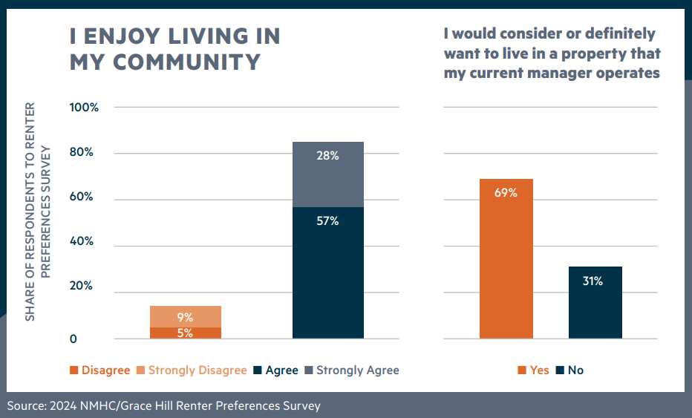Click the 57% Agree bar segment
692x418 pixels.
coord(327,272)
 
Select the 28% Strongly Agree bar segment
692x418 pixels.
coord(327,174)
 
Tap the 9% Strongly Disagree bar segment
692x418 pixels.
coord(185,316)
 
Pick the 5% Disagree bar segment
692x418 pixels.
coord(185,333)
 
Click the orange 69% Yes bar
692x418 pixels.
coord(506,258)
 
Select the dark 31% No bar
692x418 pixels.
coord(595,302)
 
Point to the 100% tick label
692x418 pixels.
coord(84,108)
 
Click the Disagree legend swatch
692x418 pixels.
coord(74,370)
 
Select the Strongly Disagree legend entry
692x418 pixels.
coord(197,370)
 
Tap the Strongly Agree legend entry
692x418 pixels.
coord(357,370)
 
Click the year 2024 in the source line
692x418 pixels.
coord(61,405)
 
